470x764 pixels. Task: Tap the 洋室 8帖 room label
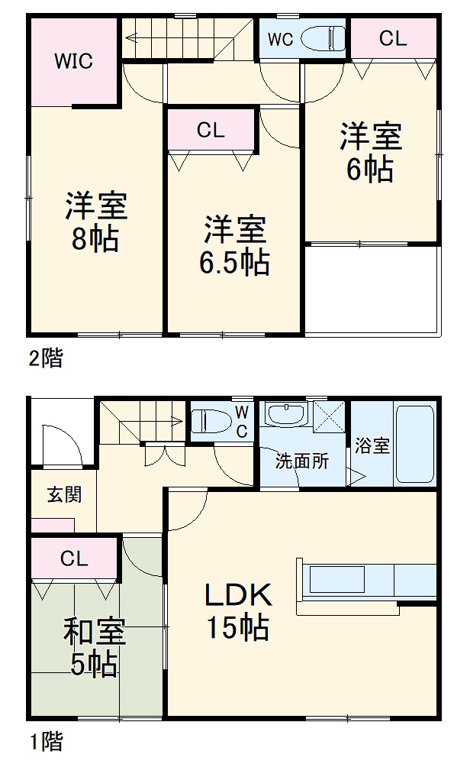point(95,222)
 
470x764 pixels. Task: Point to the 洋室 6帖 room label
point(371,153)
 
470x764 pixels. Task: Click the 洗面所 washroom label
point(302,461)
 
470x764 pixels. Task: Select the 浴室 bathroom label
point(372,446)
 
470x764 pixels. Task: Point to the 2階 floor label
point(47,358)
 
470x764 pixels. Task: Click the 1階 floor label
point(47,740)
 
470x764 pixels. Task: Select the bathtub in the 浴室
point(415,442)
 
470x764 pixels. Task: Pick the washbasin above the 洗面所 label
point(285,414)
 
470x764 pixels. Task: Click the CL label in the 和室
point(75,558)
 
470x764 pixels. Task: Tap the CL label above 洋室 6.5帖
point(211,130)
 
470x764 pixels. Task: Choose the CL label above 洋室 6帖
point(393,38)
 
